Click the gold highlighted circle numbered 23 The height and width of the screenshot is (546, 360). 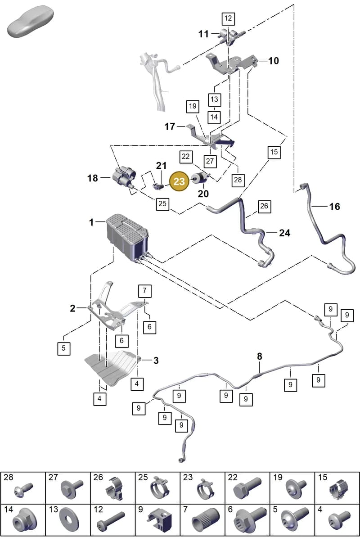coord(179,181)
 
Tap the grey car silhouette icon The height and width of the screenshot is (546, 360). coord(30,21)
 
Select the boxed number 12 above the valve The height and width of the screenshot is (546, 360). coord(229,18)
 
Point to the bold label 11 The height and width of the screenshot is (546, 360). coord(203,34)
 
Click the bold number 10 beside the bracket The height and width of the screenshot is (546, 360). coord(274,61)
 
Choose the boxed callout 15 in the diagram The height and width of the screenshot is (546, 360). coord(274,152)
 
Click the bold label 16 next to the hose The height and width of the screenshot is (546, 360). coord(334,207)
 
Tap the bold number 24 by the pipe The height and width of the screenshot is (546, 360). coord(284,233)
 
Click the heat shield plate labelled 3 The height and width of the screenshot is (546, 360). coord(112,368)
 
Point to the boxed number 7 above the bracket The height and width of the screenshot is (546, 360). coord(145,291)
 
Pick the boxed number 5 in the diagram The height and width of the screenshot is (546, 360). coord(63,348)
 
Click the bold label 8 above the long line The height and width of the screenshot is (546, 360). coord(260,356)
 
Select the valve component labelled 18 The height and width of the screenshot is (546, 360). coord(124,177)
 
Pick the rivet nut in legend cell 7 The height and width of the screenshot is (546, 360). coord(205,520)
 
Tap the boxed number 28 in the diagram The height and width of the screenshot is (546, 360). coord(238,180)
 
